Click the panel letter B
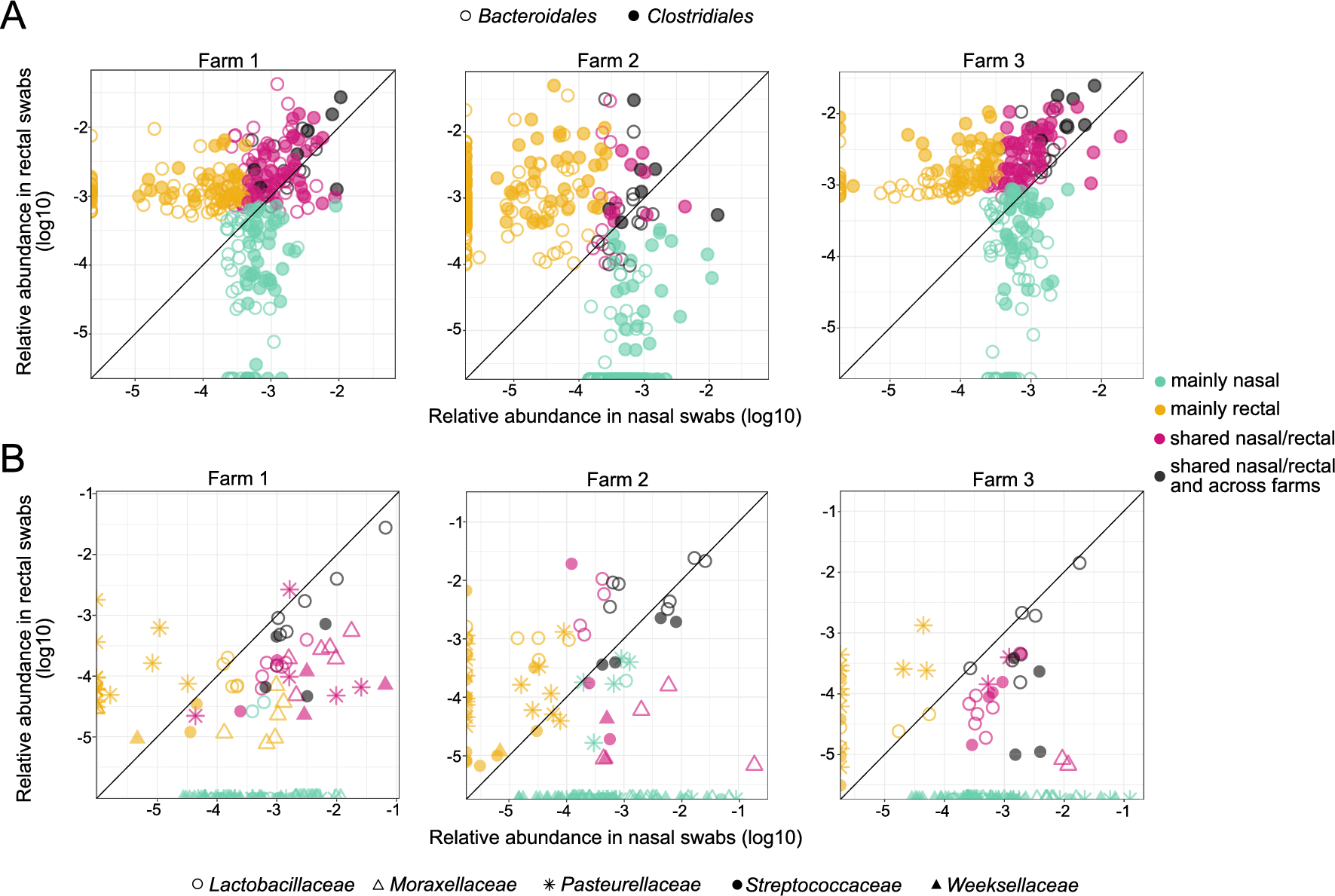click(13, 458)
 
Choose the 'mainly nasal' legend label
click(1224, 381)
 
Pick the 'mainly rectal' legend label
click(1224, 409)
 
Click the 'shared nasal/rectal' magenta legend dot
click(1160, 439)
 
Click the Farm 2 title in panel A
click(608, 60)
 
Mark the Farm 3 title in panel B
click(1003, 479)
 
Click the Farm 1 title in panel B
click(237, 479)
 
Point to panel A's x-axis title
click(614, 416)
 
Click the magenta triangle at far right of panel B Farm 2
click(754, 763)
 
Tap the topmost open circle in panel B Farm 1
click(385, 528)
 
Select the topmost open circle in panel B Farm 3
click(1079, 563)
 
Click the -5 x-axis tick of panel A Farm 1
click(133, 391)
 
